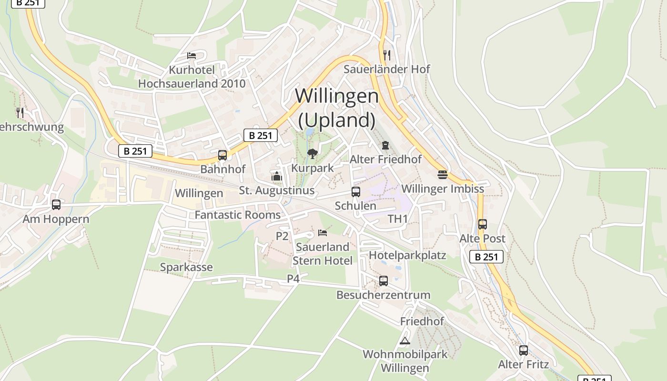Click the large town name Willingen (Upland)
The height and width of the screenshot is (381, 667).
click(337, 108)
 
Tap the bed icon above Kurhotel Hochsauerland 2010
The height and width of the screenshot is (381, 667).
click(192, 56)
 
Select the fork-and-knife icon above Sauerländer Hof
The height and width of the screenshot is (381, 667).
click(387, 55)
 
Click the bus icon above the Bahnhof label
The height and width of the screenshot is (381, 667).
click(222, 155)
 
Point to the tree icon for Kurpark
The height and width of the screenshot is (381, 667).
click(313, 153)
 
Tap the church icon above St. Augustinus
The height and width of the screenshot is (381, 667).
click(276, 176)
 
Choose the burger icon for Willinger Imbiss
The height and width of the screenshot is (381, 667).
click(443, 174)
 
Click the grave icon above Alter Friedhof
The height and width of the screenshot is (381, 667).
click(385, 145)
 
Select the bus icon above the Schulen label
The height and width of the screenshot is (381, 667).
click(355, 191)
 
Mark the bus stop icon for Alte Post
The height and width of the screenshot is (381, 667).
click(482, 224)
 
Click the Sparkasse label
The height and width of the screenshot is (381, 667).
click(186, 267)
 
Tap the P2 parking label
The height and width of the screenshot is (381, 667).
click(283, 236)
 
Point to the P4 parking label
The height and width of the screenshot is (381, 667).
click(293, 279)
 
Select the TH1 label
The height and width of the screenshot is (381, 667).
click(398, 219)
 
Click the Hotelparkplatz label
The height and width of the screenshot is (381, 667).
click(407, 255)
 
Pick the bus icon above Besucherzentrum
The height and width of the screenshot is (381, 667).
click(384, 281)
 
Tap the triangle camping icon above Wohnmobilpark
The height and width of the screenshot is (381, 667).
click(405, 340)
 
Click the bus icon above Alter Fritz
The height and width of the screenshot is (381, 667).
click(524, 351)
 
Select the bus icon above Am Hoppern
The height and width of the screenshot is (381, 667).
click(56, 205)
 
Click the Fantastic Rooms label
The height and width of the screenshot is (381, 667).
click(238, 215)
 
